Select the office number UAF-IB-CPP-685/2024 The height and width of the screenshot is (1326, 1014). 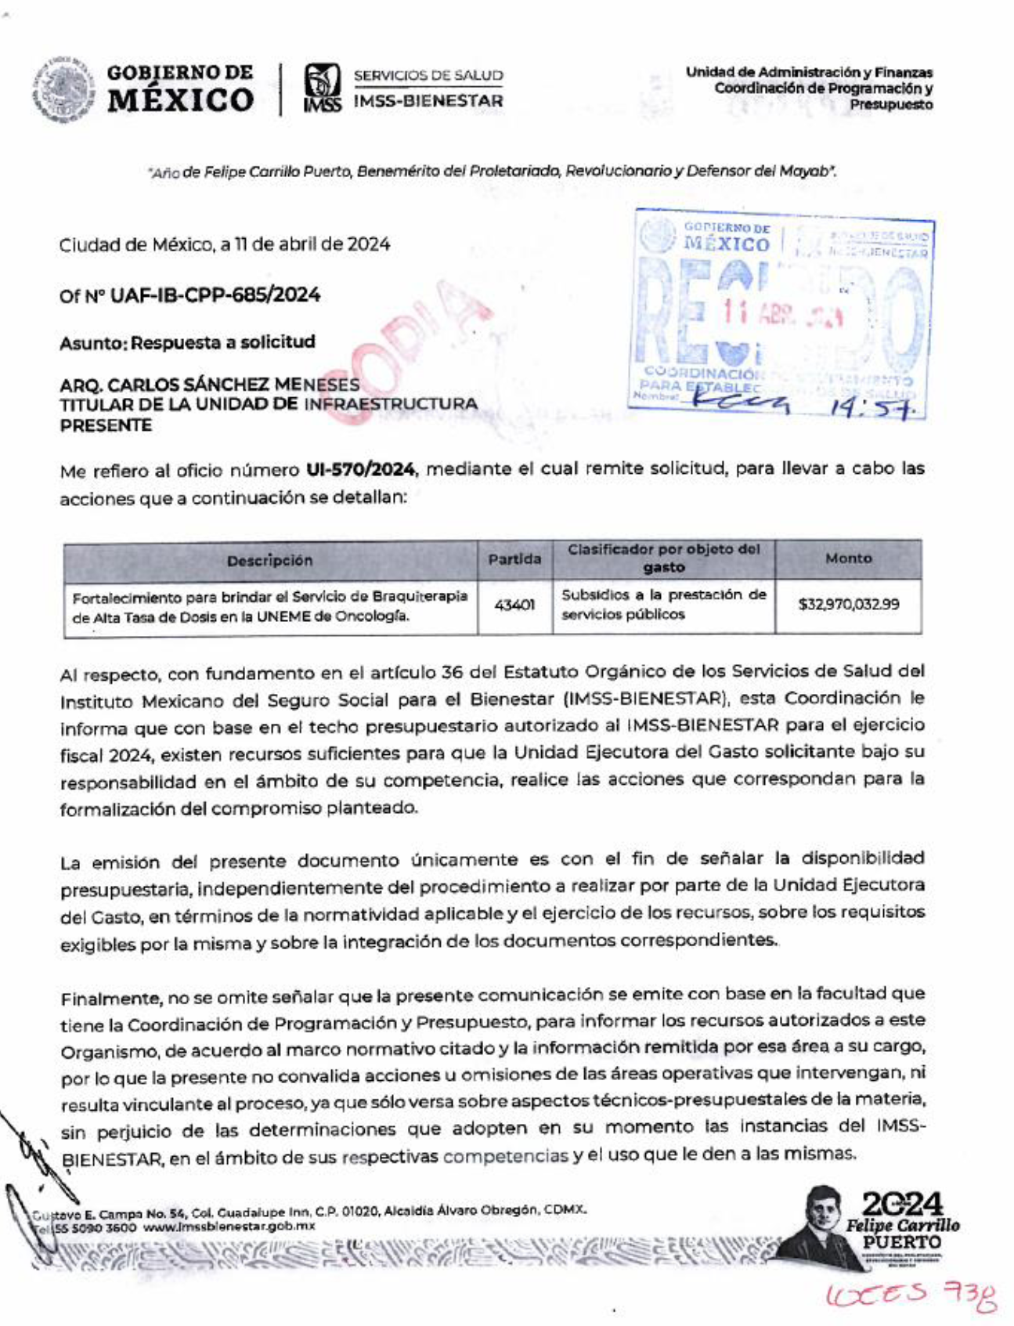[x=215, y=295]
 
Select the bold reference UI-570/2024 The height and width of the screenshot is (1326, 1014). [x=360, y=469]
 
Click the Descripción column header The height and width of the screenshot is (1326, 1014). [x=269, y=561]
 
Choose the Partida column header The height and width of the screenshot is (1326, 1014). [x=514, y=559]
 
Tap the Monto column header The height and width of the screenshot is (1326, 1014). [x=848, y=558]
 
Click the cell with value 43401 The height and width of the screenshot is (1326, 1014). [x=514, y=605]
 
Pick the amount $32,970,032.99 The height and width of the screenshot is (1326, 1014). [x=848, y=605]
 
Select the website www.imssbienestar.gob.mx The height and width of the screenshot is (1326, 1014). [x=229, y=1227]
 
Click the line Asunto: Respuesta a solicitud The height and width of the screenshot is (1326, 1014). [x=187, y=343]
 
